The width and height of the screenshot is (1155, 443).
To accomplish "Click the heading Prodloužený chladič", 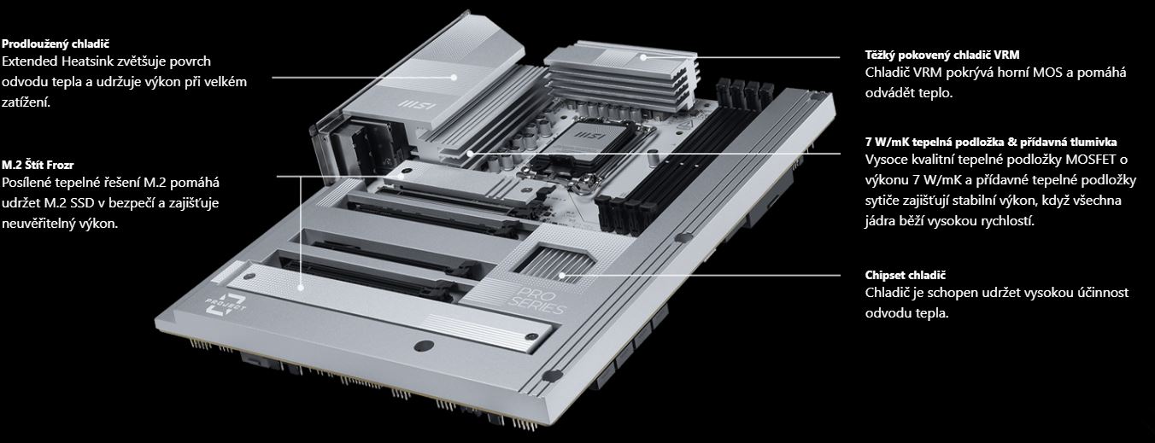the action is (x=56, y=44).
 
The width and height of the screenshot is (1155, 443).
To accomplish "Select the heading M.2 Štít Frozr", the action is (x=38, y=166).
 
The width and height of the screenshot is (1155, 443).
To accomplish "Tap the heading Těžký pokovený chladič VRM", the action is (x=942, y=55).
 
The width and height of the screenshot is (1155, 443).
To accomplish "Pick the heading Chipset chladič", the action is (x=906, y=275).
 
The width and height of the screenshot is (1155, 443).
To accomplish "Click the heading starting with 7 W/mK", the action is (x=991, y=143).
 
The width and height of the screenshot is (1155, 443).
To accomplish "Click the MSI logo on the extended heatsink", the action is (x=417, y=106).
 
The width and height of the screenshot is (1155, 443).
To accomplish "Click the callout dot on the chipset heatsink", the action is (x=562, y=276).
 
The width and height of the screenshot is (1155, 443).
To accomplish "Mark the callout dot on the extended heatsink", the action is (x=454, y=78).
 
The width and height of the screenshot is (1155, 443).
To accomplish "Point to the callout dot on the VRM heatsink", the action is (x=643, y=57).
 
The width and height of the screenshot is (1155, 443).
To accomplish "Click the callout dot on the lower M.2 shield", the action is (x=300, y=288).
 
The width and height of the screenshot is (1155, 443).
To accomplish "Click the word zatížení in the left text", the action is (x=26, y=102).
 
